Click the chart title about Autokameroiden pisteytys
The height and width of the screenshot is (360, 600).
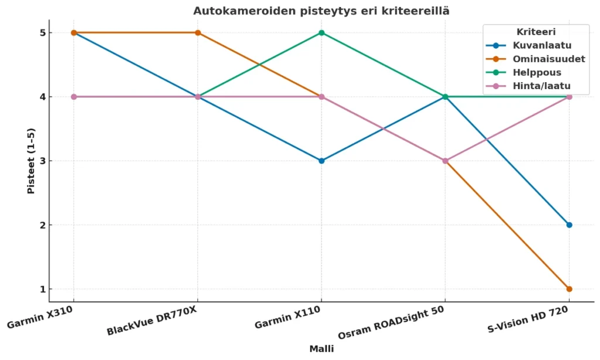coord(321,11)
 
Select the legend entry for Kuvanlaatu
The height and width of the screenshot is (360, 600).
coord(534,46)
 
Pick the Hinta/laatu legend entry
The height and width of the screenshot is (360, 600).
coord(533,86)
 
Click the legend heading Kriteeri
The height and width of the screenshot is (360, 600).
coord(536,32)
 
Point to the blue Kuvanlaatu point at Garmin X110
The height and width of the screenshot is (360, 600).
coord(321,161)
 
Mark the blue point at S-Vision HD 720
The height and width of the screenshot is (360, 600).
coord(569,225)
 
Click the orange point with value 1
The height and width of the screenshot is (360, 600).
coord(569,289)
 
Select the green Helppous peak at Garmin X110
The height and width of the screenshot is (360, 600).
coord(321,33)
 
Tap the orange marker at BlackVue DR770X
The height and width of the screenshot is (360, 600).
coord(197,33)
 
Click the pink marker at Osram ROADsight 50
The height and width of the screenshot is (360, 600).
coord(445,161)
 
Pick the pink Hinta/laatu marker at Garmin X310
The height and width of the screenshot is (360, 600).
coord(74,97)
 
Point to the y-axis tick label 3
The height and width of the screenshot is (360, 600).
coord(59,161)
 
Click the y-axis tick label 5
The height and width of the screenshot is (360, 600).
coord(59,33)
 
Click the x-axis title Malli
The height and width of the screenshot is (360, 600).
coord(321,349)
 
